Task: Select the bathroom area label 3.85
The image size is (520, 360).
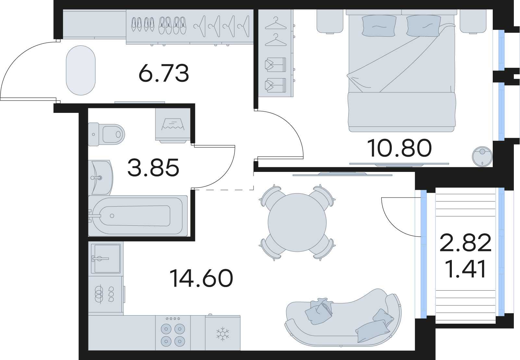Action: (153, 168)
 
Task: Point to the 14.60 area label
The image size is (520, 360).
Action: (201, 279)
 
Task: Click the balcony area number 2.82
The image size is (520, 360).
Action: (465, 243)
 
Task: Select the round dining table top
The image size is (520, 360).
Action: (297, 222)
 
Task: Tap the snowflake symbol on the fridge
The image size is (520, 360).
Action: (223, 334)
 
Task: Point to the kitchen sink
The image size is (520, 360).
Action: (105, 258)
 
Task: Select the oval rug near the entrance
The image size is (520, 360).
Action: (81, 70)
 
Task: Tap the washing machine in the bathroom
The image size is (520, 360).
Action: (173, 125)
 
